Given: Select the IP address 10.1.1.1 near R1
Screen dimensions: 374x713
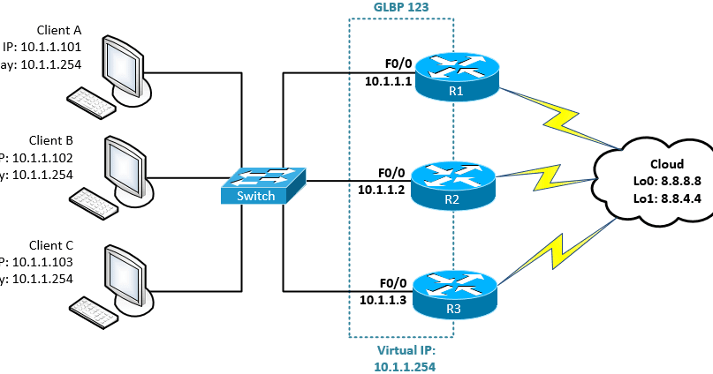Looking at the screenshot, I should (x=383, y=80).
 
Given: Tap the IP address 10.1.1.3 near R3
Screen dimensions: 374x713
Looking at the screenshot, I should (x=383, y=299).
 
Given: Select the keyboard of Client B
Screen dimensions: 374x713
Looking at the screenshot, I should (x=92, y=204).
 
